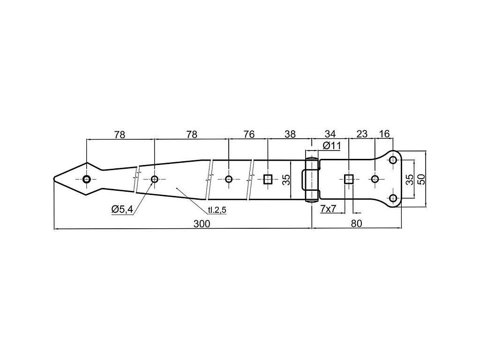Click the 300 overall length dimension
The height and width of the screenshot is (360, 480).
(202, 224)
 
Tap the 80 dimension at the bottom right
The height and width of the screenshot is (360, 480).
(356, 224)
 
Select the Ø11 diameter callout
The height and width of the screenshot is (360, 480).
(331, 146)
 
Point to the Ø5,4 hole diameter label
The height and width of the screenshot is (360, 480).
(122, 210)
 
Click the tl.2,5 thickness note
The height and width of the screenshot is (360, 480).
(217, 210)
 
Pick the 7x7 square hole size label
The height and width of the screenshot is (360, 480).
(328, 209)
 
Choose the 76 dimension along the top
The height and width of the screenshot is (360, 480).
(249, 134)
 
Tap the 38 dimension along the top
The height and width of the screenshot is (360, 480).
(290, 134)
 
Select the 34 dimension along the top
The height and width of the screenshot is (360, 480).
(330, 134)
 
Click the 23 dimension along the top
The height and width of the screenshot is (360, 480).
(362, 134)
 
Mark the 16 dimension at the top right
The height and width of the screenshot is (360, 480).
(384, 134)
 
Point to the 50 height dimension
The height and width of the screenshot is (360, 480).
(421, 179)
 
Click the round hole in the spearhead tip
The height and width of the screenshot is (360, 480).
(87, 179)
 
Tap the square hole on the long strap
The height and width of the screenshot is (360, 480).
(268, 179)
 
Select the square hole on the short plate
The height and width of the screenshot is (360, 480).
(349, 179)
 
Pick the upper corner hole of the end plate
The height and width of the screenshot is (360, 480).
(393, 160)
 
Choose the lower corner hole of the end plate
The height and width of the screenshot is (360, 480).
(393, 198)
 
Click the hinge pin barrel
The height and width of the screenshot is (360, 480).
(312, 180)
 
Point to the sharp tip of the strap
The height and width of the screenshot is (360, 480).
(53, 179)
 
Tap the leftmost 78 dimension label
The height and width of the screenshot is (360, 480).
(120, 135)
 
